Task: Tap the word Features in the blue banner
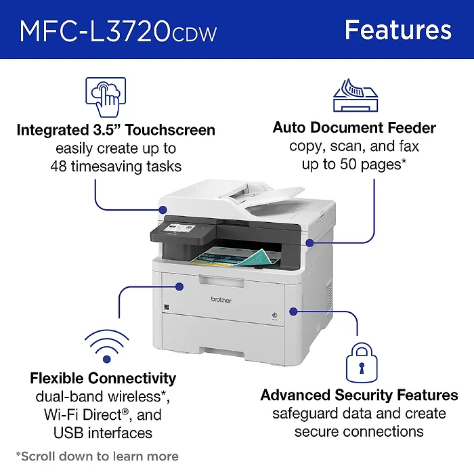[x=397, y=30]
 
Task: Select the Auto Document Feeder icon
[x=354, y=95]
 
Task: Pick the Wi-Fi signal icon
[x=103, y=346]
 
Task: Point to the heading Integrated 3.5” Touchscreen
[x=116, y=129]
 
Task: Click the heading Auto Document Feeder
[x=354, y=127]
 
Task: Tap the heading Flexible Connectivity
[x=103, y=378]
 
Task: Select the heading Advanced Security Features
[x=360, y=395]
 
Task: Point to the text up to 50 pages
[x=354, y=164]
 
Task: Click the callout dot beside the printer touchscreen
[x=163, y=210]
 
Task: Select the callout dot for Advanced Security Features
[x=293, y=311]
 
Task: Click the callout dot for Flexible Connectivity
[x=179, y=286]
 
